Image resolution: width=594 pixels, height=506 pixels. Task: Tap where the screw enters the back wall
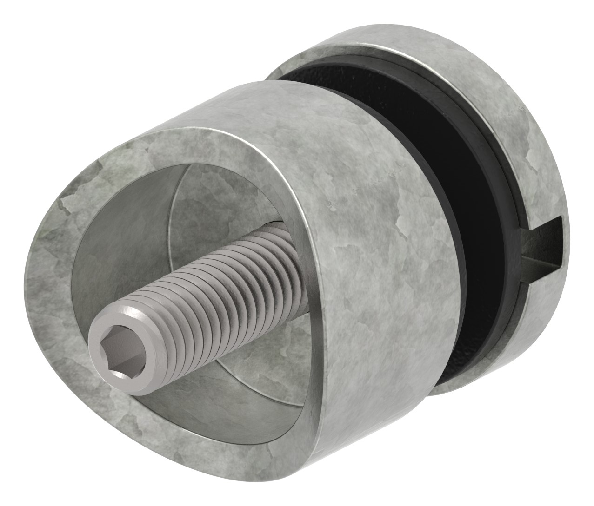(x=284, y=242)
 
